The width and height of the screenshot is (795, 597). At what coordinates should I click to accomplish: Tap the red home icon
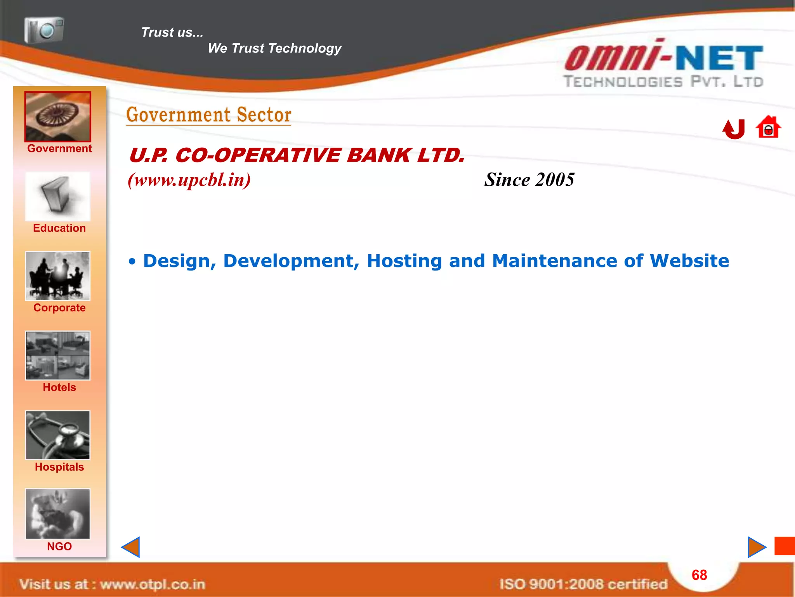point(768,127)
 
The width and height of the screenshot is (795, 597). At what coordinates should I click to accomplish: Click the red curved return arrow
point(734,129)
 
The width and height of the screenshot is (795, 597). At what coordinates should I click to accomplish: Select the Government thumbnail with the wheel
point(58,117)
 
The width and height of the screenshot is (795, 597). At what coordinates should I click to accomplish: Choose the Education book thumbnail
point(58,197)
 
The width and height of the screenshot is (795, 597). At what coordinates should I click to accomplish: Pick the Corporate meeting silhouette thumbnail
point(58,276)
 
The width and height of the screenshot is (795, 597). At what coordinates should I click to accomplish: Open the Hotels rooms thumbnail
point(58,355)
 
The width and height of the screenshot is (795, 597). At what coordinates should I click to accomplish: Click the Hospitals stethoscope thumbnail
point(58,435)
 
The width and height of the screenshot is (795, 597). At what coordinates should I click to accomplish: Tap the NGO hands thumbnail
point(58,514)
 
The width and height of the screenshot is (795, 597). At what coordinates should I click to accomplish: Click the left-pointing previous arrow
point(131,547)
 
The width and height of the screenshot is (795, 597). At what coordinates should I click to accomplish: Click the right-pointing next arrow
point(757,547)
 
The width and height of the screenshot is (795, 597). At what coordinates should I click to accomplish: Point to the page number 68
point(699,575)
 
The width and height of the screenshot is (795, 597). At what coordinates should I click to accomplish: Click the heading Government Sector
point(209,115)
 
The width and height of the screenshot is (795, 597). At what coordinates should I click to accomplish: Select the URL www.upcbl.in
point(189,180)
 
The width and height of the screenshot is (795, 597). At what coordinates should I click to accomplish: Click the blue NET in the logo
point(719,58)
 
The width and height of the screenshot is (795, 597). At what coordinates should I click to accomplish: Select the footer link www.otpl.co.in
point(153,584)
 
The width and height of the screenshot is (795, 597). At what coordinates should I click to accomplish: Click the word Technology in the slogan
point(305,48)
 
